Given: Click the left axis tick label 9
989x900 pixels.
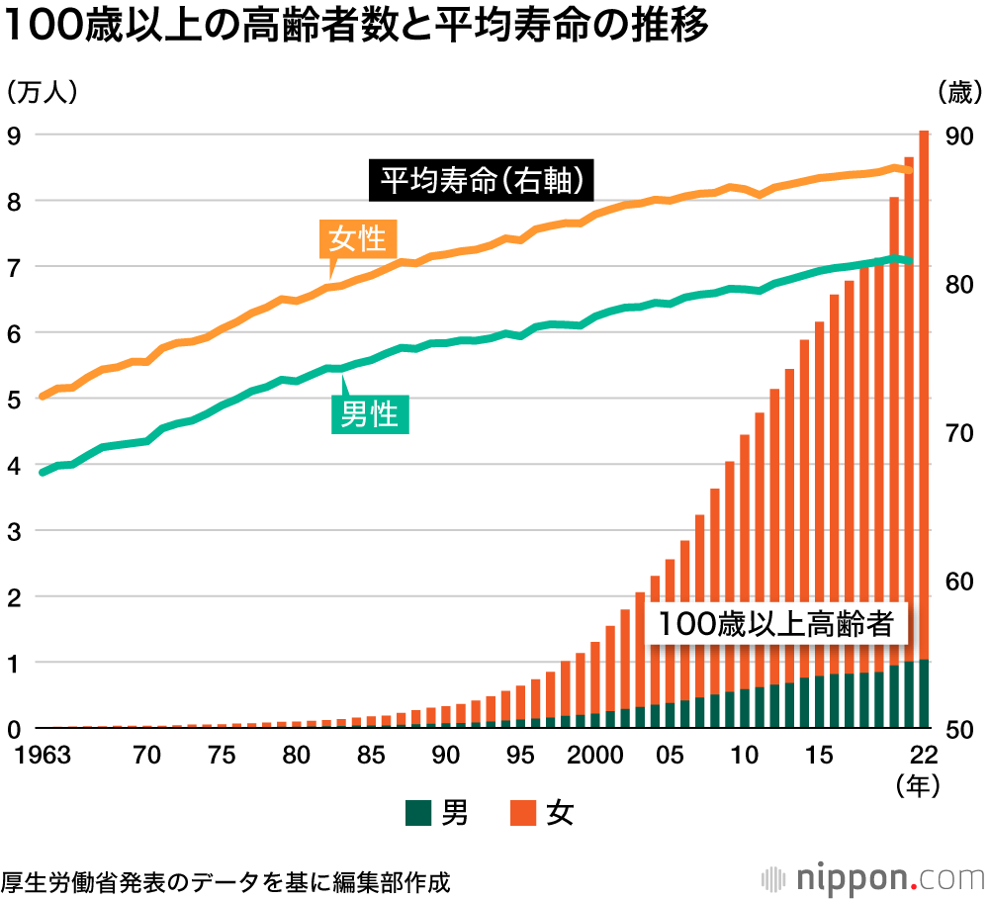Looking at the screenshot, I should click(x=14, y=135).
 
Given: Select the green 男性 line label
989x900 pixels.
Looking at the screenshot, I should click(x=369, y=414).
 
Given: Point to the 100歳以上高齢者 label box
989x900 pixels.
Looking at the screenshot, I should click(x=776, y=624).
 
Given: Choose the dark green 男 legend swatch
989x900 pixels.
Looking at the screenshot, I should click(x=419, y=814).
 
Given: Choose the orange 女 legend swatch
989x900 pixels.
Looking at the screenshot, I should click(x=523, y=814).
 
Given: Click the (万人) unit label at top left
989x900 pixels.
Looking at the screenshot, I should click(x=42, y=92).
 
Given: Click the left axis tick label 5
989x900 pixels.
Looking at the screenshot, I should click(x=14, y=400).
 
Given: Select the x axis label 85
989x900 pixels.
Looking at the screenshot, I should click(x=370, y=756).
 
